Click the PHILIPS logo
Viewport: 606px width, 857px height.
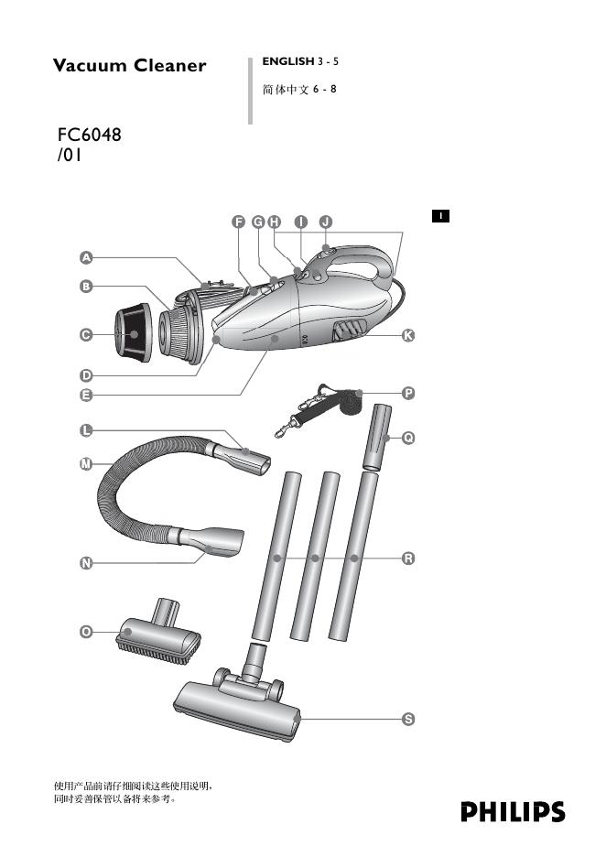[513, 812]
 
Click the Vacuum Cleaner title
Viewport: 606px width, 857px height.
[129, 66]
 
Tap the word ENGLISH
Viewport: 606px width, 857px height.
[287, 61]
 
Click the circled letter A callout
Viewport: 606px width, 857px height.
[84, 256]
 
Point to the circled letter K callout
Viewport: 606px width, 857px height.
[408, 336]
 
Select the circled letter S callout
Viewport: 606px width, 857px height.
[408, 720]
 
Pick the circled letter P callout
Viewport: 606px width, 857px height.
[408, 393]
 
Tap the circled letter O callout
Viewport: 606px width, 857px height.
[84, 632]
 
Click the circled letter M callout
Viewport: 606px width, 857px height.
[84, 465]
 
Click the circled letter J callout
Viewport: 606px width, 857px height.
[325, 222]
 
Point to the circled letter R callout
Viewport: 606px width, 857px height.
[408, 558]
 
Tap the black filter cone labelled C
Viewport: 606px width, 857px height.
[133, 333]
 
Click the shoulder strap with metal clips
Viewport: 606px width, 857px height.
[320, 409]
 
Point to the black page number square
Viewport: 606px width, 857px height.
[440, 216]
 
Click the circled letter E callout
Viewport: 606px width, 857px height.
[84, 396]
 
